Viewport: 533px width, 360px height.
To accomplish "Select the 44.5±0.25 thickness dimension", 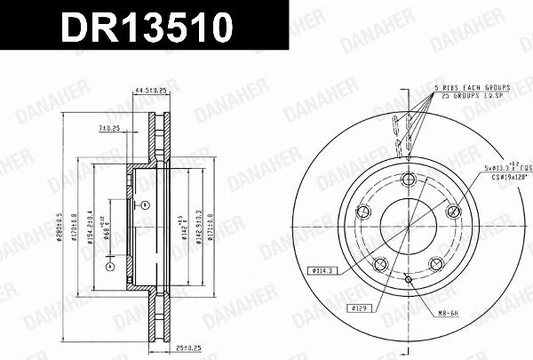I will click(152, 90).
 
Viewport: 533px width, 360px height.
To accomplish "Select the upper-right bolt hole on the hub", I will click(453, 210).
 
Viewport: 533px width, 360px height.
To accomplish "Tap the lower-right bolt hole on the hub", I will click(436, 263).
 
